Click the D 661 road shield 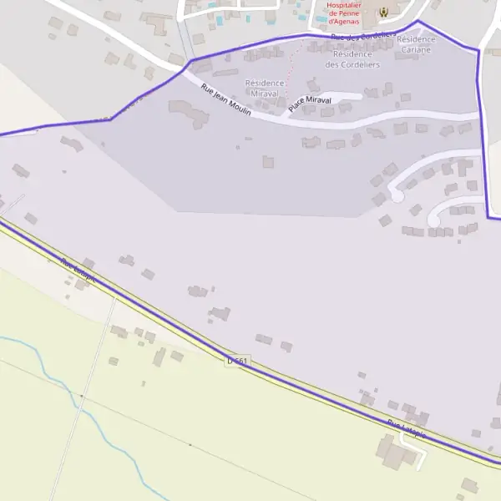click(238, 361)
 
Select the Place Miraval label click(310, 104)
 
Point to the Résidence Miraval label click(266, 88)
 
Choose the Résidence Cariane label click(416, 44)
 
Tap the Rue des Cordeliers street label click(362, 37)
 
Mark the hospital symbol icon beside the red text click(383, 12)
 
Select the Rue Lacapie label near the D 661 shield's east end click(407, 429)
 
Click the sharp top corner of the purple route click(418, 22)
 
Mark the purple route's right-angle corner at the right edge click(488, 217)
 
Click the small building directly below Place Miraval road click(311, 142)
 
